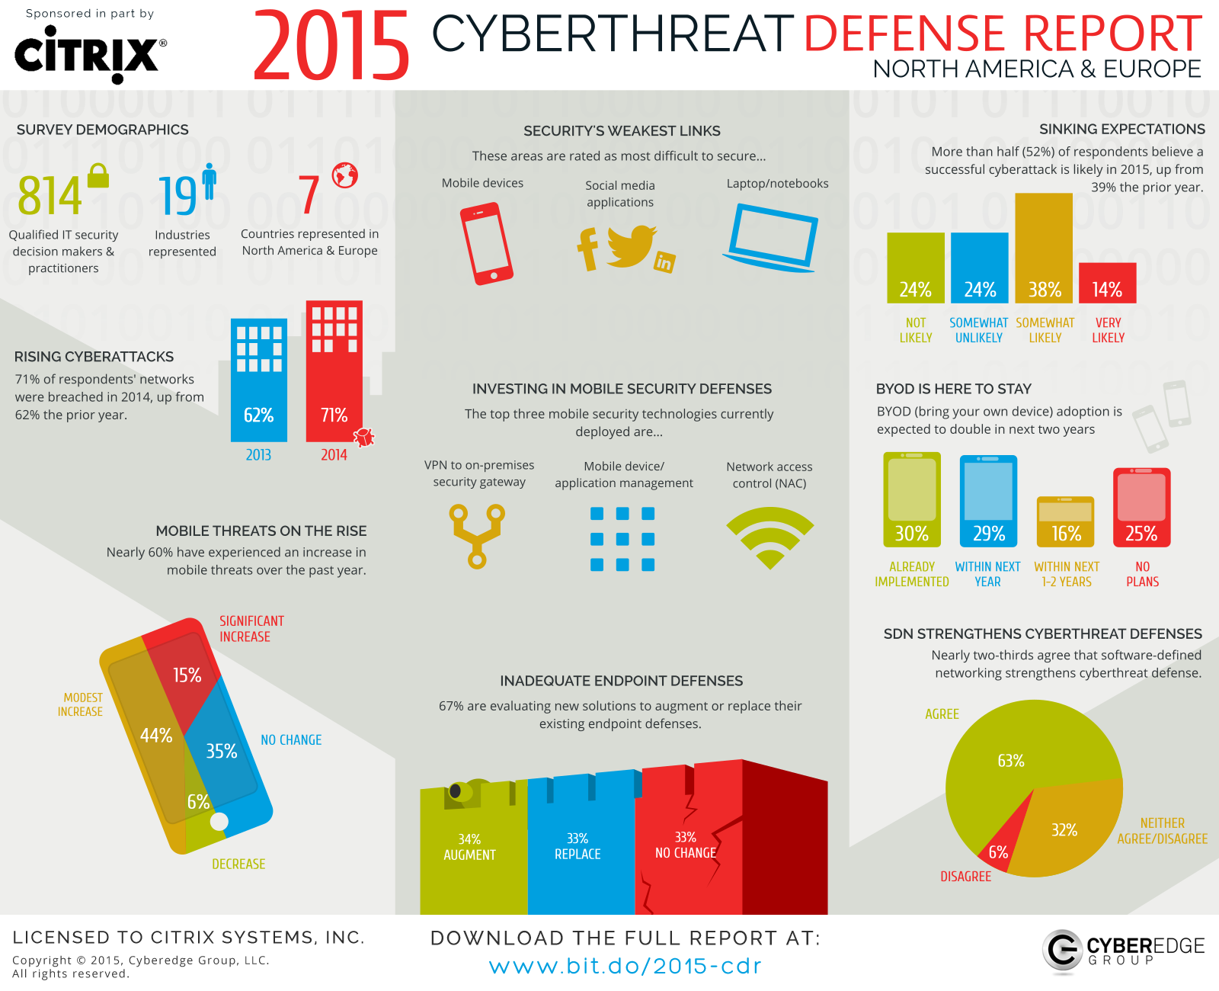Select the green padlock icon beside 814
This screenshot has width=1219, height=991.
(98, 176)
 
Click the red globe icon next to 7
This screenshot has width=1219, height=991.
(344, 175)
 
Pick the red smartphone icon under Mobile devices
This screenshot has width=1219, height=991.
(486, 243)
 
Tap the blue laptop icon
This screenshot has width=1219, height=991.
(772, 237)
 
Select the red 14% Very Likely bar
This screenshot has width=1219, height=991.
(1107, 283)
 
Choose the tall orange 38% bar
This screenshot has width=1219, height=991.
(1044, 248)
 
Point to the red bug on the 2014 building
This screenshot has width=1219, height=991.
(364, 437)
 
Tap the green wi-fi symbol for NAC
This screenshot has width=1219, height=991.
(769, 535)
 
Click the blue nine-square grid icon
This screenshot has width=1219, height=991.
(622, 539)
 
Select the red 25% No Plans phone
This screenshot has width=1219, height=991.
(1141, 507)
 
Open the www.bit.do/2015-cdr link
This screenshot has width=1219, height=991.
(625, 966)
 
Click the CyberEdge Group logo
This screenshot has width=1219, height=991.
(1122, 951)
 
